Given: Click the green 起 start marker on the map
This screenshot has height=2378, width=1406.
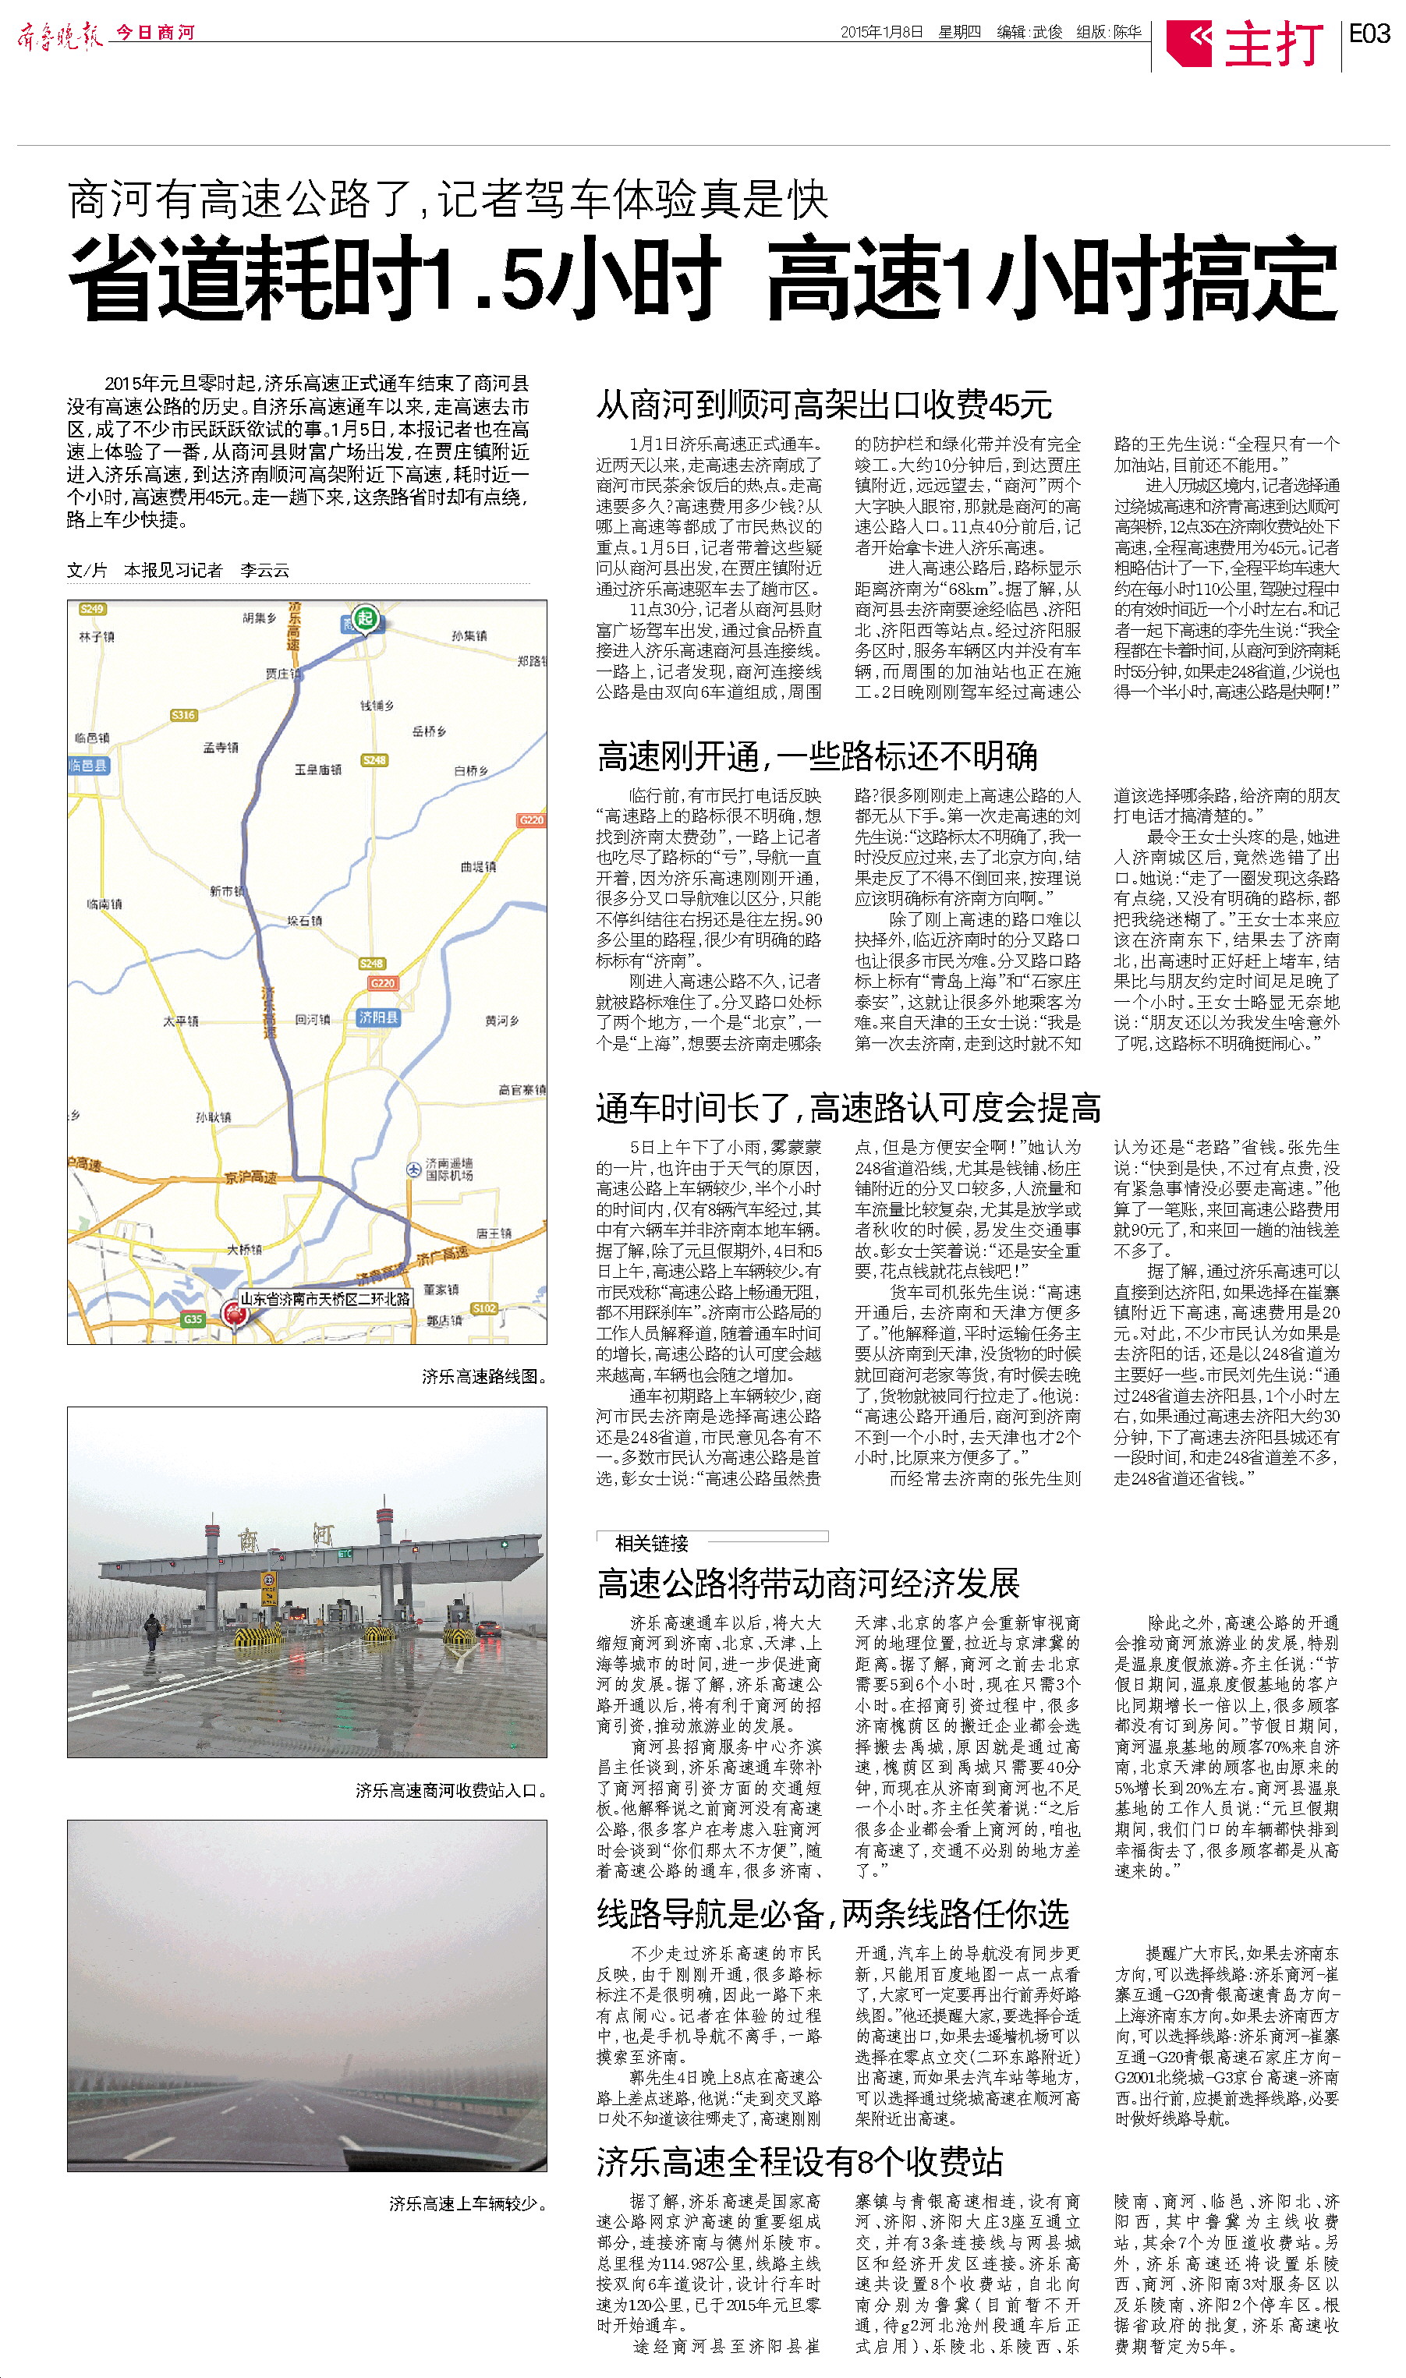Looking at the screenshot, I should [366, 618].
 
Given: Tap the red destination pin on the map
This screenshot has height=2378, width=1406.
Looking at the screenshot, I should [232, 1311].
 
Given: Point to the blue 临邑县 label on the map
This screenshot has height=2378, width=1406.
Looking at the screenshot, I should [88, 764].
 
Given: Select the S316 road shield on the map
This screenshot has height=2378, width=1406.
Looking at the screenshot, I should [182, 715].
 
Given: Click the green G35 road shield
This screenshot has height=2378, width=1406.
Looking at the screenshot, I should [193, 1318].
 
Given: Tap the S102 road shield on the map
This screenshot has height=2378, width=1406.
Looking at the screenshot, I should [484, 1308].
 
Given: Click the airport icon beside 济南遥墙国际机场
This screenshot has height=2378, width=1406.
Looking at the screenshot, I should [413, 1170].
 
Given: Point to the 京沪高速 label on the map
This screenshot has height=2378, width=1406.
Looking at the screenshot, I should [250, 1177].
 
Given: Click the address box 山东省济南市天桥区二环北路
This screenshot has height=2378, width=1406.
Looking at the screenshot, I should [325, 1297].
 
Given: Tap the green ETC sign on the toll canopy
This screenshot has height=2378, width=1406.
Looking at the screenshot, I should [345, 1553].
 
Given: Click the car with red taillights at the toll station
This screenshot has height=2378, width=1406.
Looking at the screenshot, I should [488, 1627].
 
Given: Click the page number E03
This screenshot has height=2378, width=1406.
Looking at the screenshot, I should [1369, 34].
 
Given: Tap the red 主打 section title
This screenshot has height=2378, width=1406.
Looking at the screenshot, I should [1273, 44].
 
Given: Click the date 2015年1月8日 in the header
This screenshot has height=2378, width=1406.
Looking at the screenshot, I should [881, 32].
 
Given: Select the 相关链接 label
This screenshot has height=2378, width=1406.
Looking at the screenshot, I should [652, 1543].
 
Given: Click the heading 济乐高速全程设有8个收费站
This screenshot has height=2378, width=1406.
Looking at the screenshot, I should [799, 2161].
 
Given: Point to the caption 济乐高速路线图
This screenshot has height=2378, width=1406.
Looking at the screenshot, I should [484, 1376].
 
